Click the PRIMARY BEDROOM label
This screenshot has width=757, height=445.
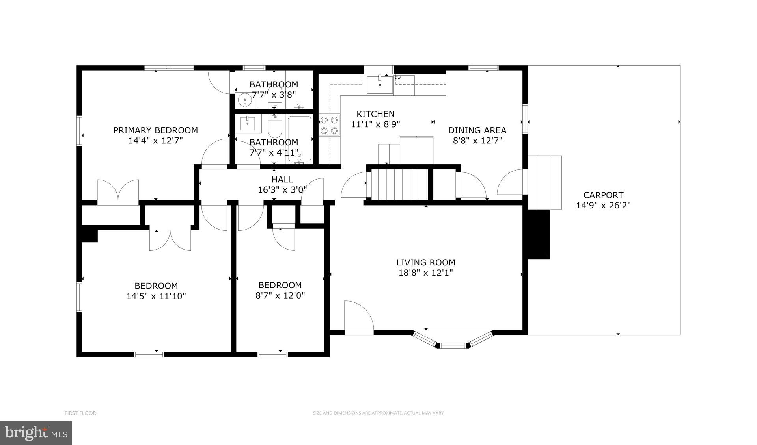[x=155, y=130]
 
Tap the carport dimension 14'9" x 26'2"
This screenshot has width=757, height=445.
[x=603, y=205]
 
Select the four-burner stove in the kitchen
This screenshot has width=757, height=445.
[x=329, y=125]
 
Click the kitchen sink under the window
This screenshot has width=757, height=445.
[x=380, y=85]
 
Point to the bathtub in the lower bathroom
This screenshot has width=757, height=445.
[x=300, y=139]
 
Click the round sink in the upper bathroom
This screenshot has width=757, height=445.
[x=245, y=100]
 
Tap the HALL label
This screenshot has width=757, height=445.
[x=282, y=180]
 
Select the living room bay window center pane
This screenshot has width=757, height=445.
[x=452, y=345]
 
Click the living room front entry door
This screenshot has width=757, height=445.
[x=358, y=317]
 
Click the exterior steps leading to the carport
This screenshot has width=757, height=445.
[x=544, y=182]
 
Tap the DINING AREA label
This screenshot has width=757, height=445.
[x=477, y=130]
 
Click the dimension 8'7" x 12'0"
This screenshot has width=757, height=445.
[x=280, y=295]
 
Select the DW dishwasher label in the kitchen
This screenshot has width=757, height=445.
[x=398, y=78]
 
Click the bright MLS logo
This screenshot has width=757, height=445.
[x=36, y=433]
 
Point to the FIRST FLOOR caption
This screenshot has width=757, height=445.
[x=80, y=413]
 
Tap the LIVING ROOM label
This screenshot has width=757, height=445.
[x=425, y=262]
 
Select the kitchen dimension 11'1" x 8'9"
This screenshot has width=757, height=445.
[x=375, y=124]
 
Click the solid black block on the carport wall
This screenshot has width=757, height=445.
[x=539, y=234]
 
